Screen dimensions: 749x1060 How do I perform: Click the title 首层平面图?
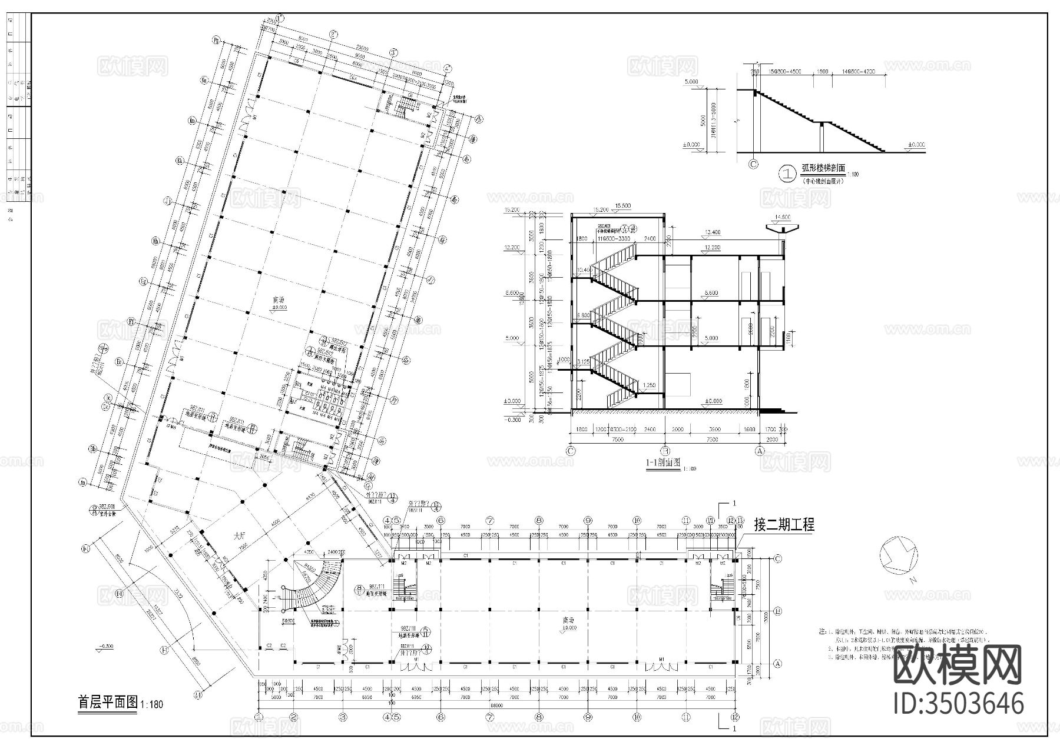pyautogui.click(x=108, y=702)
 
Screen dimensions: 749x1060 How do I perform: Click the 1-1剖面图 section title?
pyautogui.click(x=663, y=463)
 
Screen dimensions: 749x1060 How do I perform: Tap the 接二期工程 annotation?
pyautogui.click(x=784, y=524)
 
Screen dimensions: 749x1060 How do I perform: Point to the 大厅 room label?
pyautogui.click(x=238, y=536)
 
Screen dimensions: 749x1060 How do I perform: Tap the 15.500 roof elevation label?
pyautogui.click(x=622, y=205)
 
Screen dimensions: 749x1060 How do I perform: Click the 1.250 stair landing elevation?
pyautogui.click(x=649, y=385)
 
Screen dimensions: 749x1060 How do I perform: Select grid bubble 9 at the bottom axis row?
pyautogui.click(x=588, y=717)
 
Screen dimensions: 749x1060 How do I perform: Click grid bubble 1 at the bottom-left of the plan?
pyautogui.click(x=259, y=717)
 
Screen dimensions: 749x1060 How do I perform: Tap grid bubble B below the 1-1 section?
pyautogui.click(x=665, y=451)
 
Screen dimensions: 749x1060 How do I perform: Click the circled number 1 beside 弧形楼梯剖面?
pyautogui.click(x=787, y=174)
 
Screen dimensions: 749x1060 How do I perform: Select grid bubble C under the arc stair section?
pyautogui.click(x=753, y=164)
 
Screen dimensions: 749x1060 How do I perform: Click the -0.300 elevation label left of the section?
pyautogui.click(x=513, y=420)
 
